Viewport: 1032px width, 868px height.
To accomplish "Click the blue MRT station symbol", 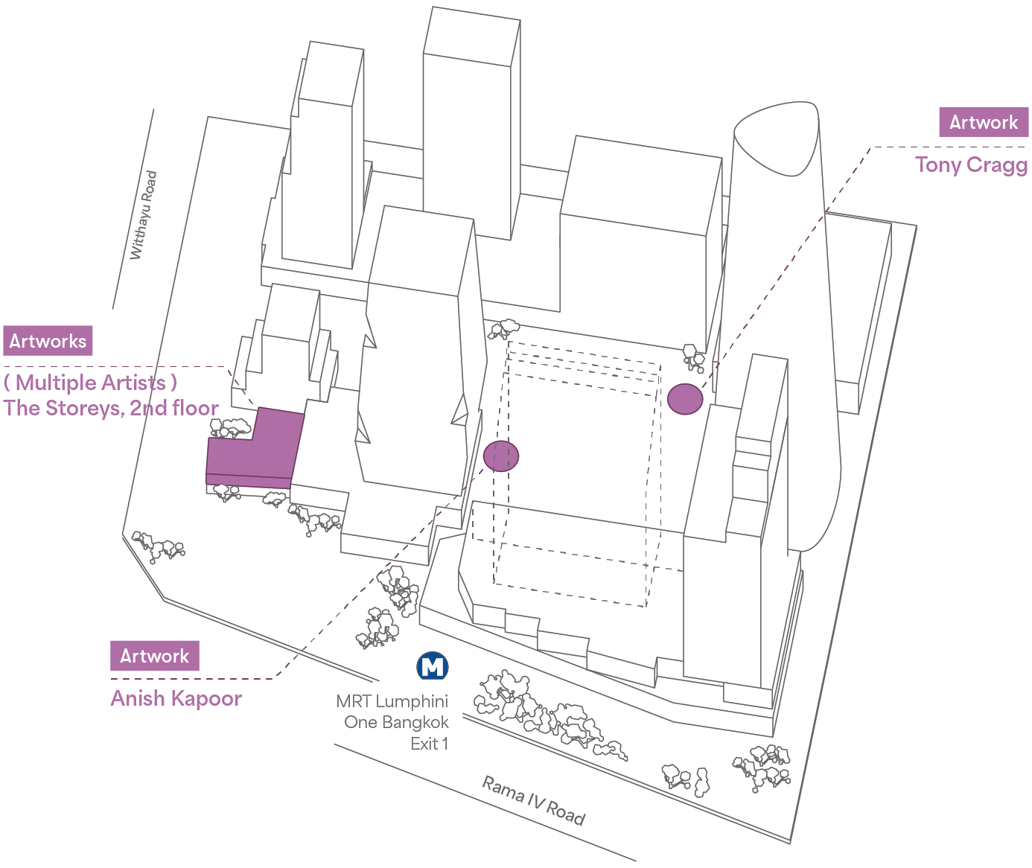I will tap(433, 666).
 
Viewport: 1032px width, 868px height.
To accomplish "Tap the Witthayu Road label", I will tap(144, 216).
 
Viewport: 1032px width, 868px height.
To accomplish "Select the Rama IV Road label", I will tap(533, 800).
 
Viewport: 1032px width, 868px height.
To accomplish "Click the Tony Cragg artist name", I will tap(971, 165).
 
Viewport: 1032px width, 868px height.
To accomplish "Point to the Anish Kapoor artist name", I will tap(176, 698).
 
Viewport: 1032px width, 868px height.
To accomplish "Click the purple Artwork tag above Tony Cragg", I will tap(984, 122).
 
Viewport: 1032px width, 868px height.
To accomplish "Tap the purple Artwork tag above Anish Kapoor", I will tap(155, 656).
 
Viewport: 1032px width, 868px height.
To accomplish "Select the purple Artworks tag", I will tap(48, 341).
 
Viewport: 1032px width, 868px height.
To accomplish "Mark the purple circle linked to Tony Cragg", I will tap(685, 399).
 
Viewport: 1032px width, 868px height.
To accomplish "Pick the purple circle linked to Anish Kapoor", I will tap(501, 456).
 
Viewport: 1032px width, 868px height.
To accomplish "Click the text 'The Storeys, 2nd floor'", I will tap(111, 408).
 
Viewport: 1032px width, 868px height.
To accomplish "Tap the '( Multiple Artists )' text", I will tap(90, 383).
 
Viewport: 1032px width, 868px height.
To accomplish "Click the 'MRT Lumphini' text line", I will tap(392, 701).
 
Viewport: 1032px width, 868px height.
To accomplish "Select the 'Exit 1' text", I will tap(430, 744).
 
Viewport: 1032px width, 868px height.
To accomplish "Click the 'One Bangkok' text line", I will tap(397, 722).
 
